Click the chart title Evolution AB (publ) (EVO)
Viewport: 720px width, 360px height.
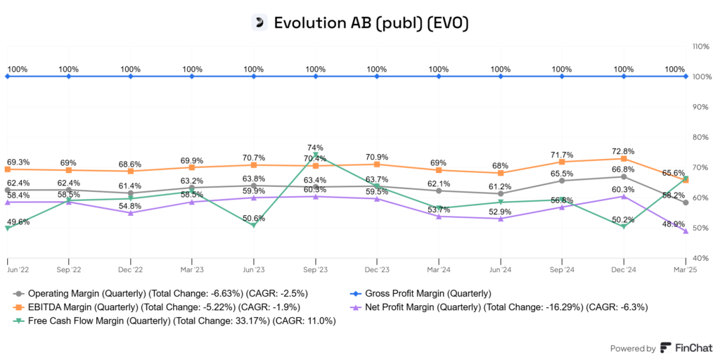click(371, 22)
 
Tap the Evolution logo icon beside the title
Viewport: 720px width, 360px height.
click(260, 22)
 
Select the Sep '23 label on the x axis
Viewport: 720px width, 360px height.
click(315, 269)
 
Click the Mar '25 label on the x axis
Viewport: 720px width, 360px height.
click(686, 269)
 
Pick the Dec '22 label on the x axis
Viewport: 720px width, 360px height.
click(130, 269)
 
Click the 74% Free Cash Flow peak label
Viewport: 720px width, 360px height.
click(316, 148)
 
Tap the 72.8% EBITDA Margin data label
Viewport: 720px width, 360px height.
click(624, 151)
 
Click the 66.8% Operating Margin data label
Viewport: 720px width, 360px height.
click(624, 169)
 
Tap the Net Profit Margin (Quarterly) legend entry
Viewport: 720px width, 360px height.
click(506, 307)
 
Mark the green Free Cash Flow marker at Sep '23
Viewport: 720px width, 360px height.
click(316, 155)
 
